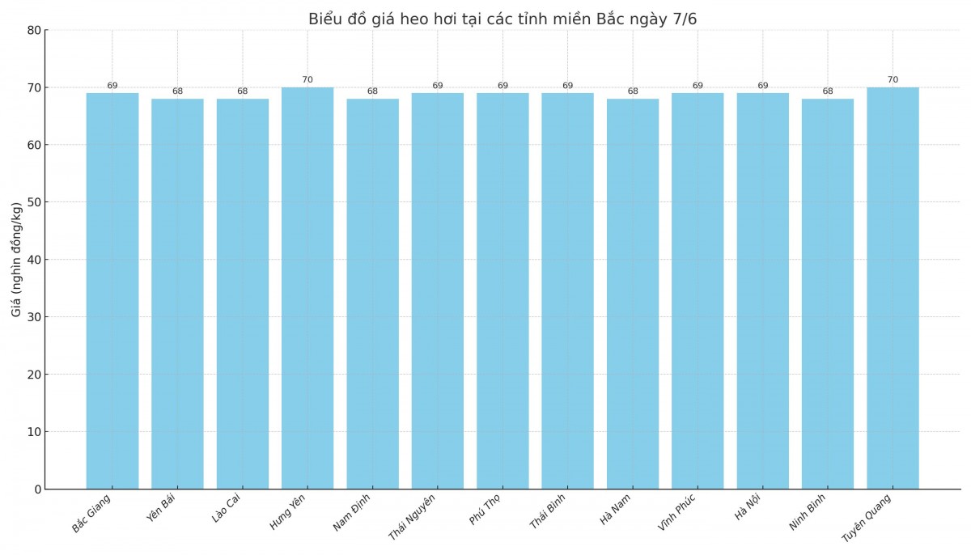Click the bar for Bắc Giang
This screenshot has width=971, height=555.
tap(112, 291)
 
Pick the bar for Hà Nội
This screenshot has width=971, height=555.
tap(762, 291)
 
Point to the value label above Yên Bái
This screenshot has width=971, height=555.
tap(177, 91)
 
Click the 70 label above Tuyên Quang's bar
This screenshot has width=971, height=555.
tap(893, 80)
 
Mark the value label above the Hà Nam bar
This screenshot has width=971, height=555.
tap(633, 91)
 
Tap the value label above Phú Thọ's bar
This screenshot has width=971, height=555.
tap(502, 86)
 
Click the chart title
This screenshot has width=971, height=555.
tap(502, 19)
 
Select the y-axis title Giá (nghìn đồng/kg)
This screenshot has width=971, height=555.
tap(17, 259)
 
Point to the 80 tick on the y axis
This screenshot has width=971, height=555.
tap(33, 31)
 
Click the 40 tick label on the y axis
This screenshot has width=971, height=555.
tap(33, 260)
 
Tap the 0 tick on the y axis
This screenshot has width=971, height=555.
tap(37, 489)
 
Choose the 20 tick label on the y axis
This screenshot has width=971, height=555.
tap(33, 375)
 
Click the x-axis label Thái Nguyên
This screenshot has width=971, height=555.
tap(412, 517)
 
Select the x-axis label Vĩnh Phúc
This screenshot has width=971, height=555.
tap(676, 512)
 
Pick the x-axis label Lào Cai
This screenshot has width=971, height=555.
tap(227, 508)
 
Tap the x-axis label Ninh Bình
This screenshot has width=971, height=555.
tap(808, 512)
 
